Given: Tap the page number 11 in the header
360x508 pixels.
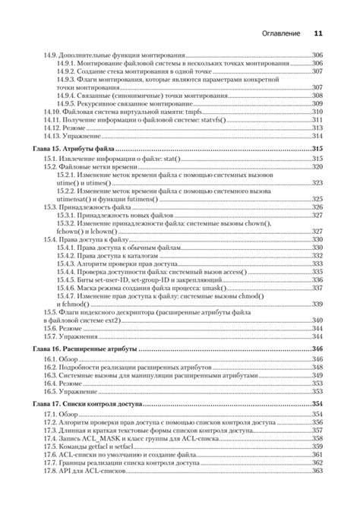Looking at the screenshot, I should click(x=319, y=33).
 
